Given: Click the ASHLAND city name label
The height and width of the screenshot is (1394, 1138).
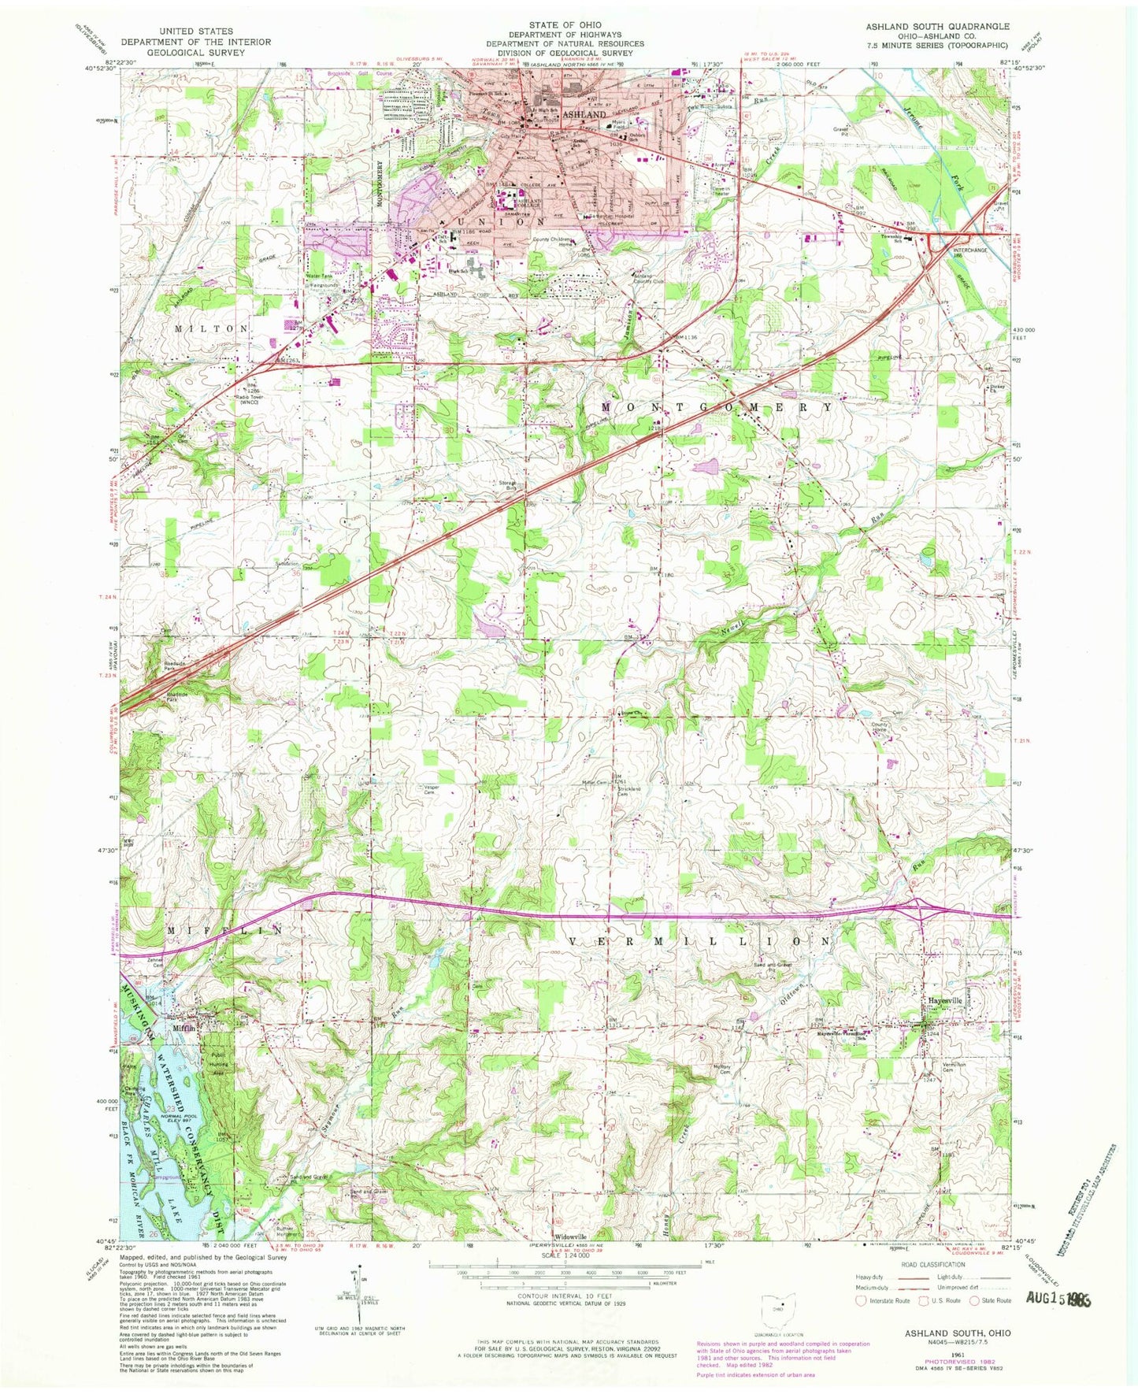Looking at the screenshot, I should click(584, 114).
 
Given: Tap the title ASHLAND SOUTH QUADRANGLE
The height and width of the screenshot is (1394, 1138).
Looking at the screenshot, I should click(937, 27).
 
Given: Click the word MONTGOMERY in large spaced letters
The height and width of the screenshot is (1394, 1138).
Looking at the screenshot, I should click(717, 407).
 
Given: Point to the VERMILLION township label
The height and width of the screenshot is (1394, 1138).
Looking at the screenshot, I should click(698, 942).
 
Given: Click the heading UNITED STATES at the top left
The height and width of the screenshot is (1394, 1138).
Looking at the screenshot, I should click(195, 32).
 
